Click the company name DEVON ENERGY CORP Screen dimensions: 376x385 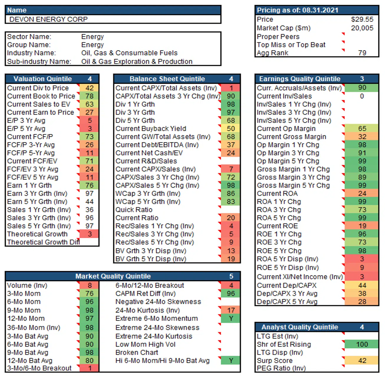[x=49, y=19]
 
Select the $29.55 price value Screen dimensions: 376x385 [x=362, y=19]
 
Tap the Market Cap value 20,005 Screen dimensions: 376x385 [x=362, y=28]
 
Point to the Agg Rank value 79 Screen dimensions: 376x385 [x=362, y=53]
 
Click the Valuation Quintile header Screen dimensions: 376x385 [x=43, y=79]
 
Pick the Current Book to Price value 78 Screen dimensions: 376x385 [x=89, y=96]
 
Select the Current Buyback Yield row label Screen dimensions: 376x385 [x=151, y=129]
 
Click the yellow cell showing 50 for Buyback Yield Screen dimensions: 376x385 [x=231, y=129]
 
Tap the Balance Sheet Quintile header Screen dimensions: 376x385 [x=167, y=79]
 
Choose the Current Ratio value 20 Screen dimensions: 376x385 [x=231, y=218]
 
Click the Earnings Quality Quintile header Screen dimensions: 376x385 [x=300, y=79]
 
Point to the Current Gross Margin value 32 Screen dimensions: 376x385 [x=362, y=137]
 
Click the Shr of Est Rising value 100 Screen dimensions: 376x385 [x=362, y=344]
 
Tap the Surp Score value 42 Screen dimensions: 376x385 [x=362, y=361]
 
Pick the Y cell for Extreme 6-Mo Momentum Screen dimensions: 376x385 [x=231, y=319]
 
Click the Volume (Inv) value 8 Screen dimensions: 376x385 [x=90, y=286]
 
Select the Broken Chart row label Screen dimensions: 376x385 [x=137, y=353]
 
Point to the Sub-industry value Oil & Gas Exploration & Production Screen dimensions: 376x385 [x=137, y=62]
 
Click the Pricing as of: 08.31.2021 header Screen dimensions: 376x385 [x=298, y=10]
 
